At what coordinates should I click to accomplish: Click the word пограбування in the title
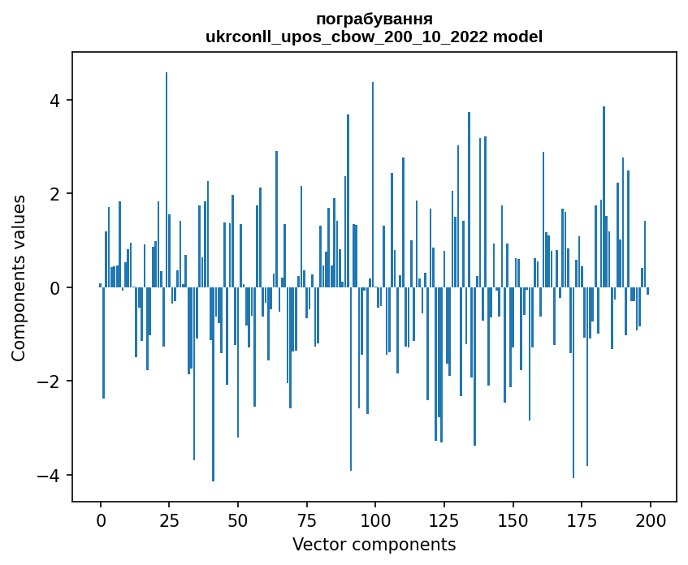point(374,19)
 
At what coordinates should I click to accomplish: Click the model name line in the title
point(374,37)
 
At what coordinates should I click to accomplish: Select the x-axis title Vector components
point(374,544)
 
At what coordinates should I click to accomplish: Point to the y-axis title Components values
point(19,278)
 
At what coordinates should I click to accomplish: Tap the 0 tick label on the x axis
point(101,520)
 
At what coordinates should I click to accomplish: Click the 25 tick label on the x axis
point(169,520)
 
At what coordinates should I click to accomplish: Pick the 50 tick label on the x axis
point(238,520)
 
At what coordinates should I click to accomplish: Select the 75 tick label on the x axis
point(306,520)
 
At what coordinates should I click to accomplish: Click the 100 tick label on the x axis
point(375,520)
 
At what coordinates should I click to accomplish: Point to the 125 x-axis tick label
point(444,520)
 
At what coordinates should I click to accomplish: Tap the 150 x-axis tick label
point(513,520)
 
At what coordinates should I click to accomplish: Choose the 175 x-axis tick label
point(581,520)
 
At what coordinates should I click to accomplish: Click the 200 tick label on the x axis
point(650,520)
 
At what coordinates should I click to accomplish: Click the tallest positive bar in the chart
point(167,179)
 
